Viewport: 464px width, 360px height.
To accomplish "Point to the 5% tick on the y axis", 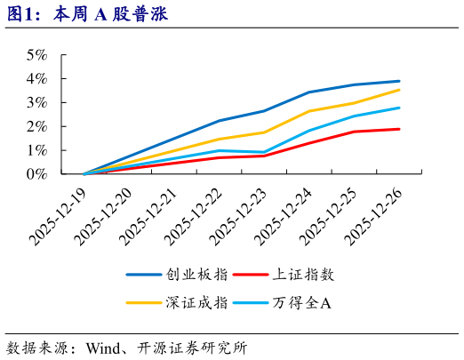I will pyautogui.click(x=36, y=55).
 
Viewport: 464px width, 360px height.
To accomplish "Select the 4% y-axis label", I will pyautogui.click(x=36, y=79).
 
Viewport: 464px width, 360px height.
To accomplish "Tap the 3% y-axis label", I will pyautogui.click(x=36, y=103).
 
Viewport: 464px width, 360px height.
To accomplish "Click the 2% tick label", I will pyautogui.click(x=36, y=127).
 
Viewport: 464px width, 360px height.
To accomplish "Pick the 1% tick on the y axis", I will pyautogui.click(x=36, y=151).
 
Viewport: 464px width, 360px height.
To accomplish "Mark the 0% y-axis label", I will pyautogui.click(x=36, y=175).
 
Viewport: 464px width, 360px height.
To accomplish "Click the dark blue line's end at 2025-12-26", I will pyautogui.click(x=399, y=81).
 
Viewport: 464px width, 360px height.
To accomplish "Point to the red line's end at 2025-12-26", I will pyautogui.click(x=399, y=129).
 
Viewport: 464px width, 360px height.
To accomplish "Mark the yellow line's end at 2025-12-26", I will pyautogui.click(x=399, y=90).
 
